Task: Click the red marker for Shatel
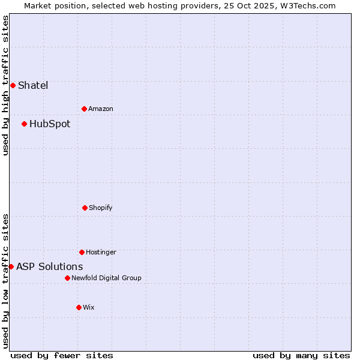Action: (13, 85)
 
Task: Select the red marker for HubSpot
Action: (24, 124)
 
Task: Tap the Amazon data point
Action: (84, 109)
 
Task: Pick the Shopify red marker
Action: (85, 208)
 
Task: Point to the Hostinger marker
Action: (82, 252)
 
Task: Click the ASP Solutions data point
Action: (11, 266)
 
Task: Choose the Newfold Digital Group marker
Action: (67, 278)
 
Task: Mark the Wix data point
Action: (79, 307)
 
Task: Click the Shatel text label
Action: (33, 85)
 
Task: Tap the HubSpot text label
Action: (50, 124)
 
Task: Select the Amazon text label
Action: (101, 109)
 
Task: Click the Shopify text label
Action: (101, 208)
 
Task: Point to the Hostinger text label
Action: (101, 252)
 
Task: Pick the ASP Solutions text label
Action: (50, 266)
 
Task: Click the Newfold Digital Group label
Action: (106, 278)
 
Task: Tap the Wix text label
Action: (89, 307)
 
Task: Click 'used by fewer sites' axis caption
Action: (62, 355)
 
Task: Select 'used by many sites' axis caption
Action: (301, 355)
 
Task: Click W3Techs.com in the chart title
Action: (307, 5)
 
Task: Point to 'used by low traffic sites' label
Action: (5, 281)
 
